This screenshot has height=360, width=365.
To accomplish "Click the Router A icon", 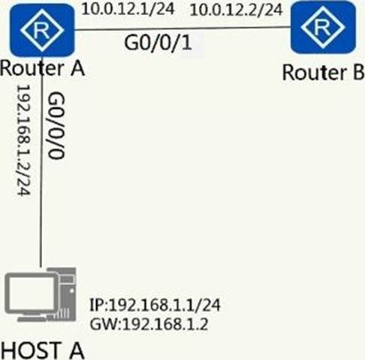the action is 42,30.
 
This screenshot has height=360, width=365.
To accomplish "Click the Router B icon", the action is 323,27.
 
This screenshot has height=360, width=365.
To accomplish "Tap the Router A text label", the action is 43,68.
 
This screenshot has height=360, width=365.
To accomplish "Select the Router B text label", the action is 323,73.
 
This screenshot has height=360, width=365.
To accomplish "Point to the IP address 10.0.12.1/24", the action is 128,10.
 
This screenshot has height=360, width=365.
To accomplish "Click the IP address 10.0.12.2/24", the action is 236,11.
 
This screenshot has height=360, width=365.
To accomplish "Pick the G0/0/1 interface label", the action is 158,43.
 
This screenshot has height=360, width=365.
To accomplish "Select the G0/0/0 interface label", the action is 56,126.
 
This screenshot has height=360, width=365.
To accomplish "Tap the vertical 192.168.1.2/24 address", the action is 24,140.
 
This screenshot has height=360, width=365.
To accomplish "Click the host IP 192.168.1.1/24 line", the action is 155,305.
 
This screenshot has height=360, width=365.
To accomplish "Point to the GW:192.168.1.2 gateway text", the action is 149,325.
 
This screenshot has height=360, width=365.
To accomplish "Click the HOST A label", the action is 43,350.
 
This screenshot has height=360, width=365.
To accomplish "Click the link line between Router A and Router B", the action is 182,29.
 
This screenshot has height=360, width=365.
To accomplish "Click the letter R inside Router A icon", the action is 42,30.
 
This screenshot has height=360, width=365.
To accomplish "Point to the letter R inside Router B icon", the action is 323,27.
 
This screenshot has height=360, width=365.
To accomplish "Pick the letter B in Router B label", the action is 358,72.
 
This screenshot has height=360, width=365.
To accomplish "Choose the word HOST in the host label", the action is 31,350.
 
